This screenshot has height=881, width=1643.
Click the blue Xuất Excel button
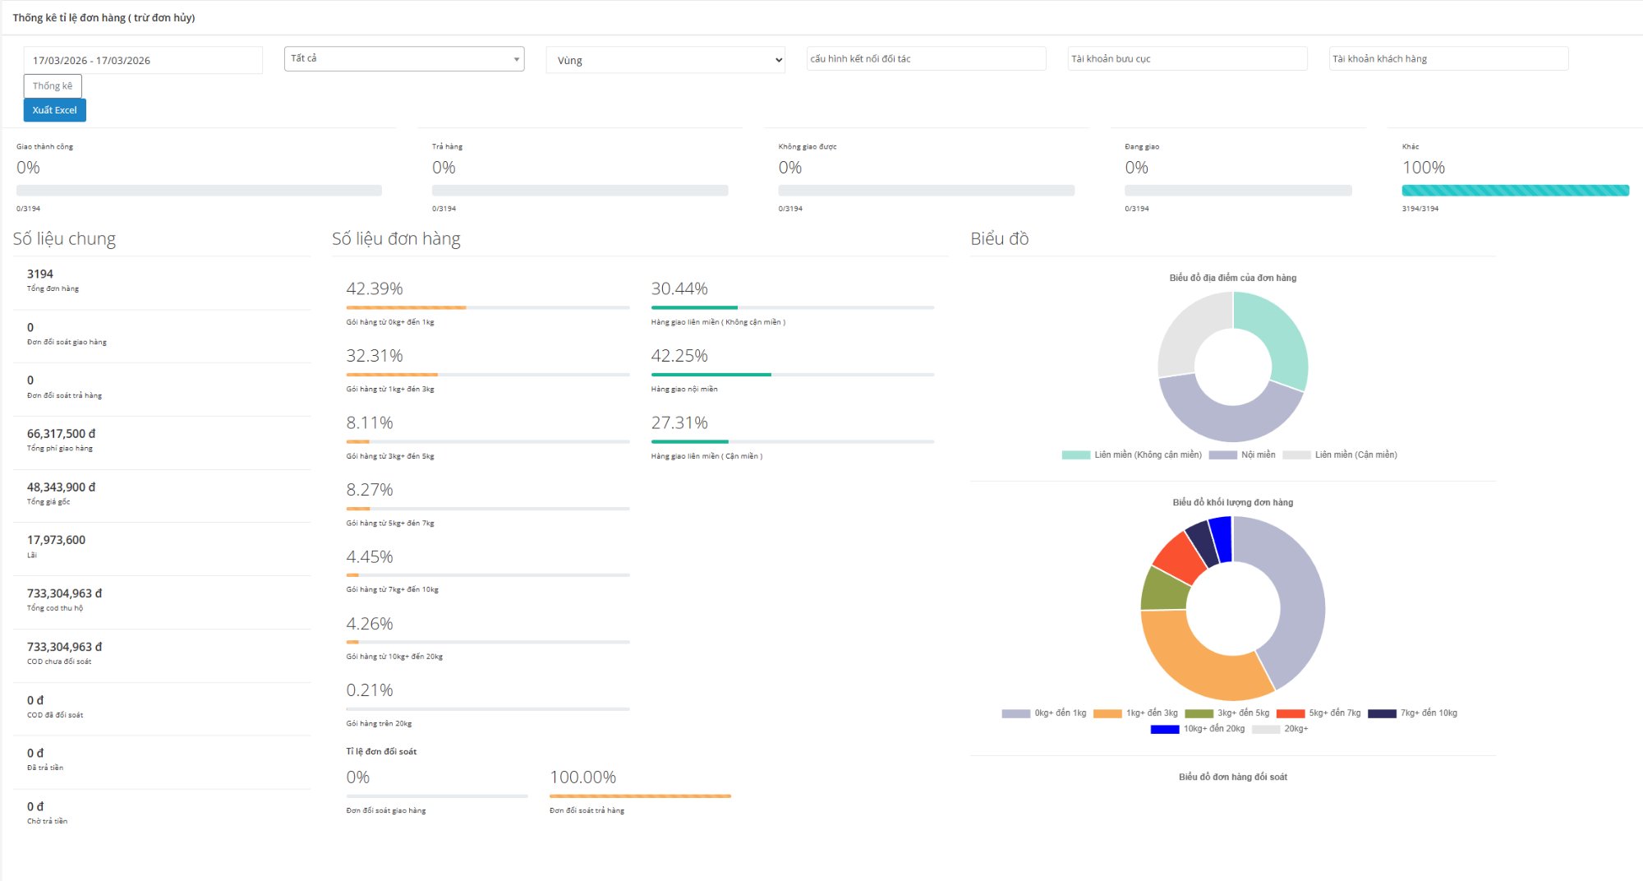(54, 110)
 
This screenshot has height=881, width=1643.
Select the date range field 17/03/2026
(142, 60)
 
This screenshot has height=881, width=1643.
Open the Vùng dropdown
(665, 60)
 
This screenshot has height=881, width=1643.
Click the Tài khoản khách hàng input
(1448, 58)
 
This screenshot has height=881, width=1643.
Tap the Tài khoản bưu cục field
(1187, 58)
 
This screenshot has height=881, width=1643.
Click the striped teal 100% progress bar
(1515, 191)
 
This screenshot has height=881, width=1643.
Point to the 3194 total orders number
(40, 274)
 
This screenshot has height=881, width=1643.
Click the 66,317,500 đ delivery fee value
(61, 433)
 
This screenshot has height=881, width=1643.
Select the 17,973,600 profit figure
(56, 540)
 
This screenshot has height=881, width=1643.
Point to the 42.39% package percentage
(375, 288)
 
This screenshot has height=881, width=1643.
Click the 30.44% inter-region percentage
(679, 288)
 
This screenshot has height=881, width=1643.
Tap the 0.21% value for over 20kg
(370, 690)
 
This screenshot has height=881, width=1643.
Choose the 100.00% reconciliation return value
(582, 777)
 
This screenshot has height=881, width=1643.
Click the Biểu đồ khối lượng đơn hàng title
(1232, 502)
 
